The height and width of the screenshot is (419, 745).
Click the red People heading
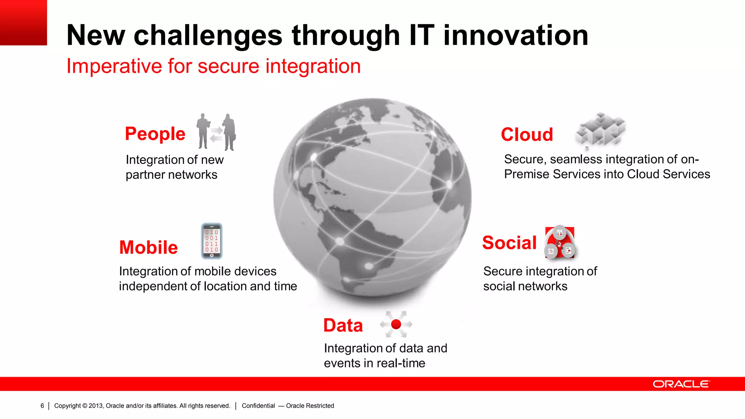[155, 134]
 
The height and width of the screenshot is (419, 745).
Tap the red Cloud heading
[527, 135]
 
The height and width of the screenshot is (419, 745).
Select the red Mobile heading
[148, 247]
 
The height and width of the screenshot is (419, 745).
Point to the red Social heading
[509, 243]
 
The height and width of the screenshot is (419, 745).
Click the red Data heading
[343, 325]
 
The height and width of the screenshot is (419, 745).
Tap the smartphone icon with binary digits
[212, 241]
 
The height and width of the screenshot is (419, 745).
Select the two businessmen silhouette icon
[216, 132]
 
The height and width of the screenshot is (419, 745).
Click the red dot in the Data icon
[396, 324]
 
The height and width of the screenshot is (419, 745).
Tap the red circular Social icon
[559, 243]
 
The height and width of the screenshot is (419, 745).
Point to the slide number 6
[42, 406]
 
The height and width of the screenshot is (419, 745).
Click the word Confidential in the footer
[258, 406]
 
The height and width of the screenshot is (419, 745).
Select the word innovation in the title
[515, 35]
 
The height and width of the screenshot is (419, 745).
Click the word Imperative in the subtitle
[114, 66]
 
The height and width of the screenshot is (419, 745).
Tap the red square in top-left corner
[23, 23]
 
